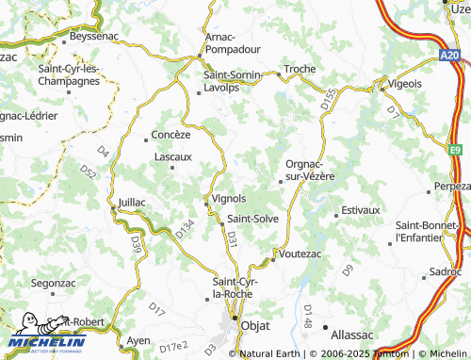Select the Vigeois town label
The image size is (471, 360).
(x=404, y=83)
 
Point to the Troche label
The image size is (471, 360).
(x=300, y=70)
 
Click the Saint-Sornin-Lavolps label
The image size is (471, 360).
(x=235, y=83)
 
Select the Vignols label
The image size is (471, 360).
(x=230, y=199)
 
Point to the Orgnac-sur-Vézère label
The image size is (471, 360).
(x=310, y=170)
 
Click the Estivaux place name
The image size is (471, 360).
(x=360, y=209)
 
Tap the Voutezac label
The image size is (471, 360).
(x=301, y=254)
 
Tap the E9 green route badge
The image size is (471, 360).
(x=456, y=149)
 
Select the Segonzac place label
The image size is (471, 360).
(x=53, y=282)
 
